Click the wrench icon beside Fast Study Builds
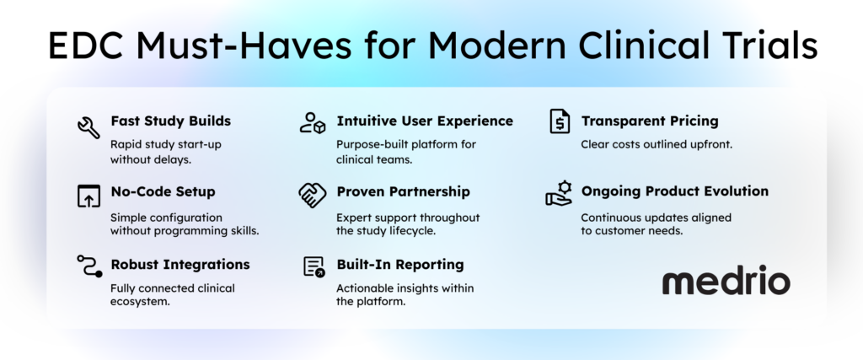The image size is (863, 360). (x=88, y=127)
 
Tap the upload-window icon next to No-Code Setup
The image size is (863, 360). (x=88, y=196)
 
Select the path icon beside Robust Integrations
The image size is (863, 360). (x=89, y=266)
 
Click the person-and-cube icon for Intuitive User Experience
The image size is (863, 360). (x=313, y=122)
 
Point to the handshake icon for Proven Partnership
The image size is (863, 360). (x=313, y=195)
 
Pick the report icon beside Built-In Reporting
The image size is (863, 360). (x=314, y=266)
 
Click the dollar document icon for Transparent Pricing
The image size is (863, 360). (x=560, y=121)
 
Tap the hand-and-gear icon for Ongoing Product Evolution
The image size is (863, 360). (x=559, y=193)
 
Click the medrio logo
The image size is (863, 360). (x=726, y=281)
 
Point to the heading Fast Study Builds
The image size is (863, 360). (x=170, y=121)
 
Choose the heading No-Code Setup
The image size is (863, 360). (x=163, y=191)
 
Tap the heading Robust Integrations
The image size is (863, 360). (x=180, y=264)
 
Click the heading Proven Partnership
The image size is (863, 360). (x=404, y=191)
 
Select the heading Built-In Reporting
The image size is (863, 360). (x=400, y=264)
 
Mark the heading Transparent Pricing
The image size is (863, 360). (x=650, y=121)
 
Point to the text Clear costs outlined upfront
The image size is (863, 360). (x=657, y=145)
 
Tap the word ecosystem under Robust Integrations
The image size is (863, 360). (x=140, y=303)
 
